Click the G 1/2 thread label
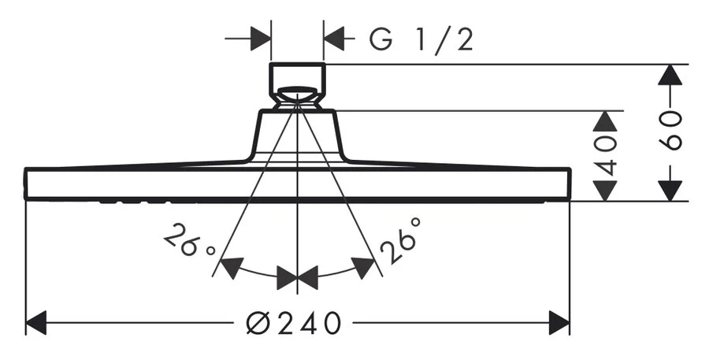pos(421,39)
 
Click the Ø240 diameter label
pos(294,322)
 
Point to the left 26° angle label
pos(188,242)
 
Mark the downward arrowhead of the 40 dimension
pos(605,190)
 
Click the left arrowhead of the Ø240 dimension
pos(37,322)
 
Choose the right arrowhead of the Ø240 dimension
pos(559,322)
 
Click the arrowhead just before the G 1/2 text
pos(335,38)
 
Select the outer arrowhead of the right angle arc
pos(363,268)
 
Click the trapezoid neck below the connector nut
pos(297,134)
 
